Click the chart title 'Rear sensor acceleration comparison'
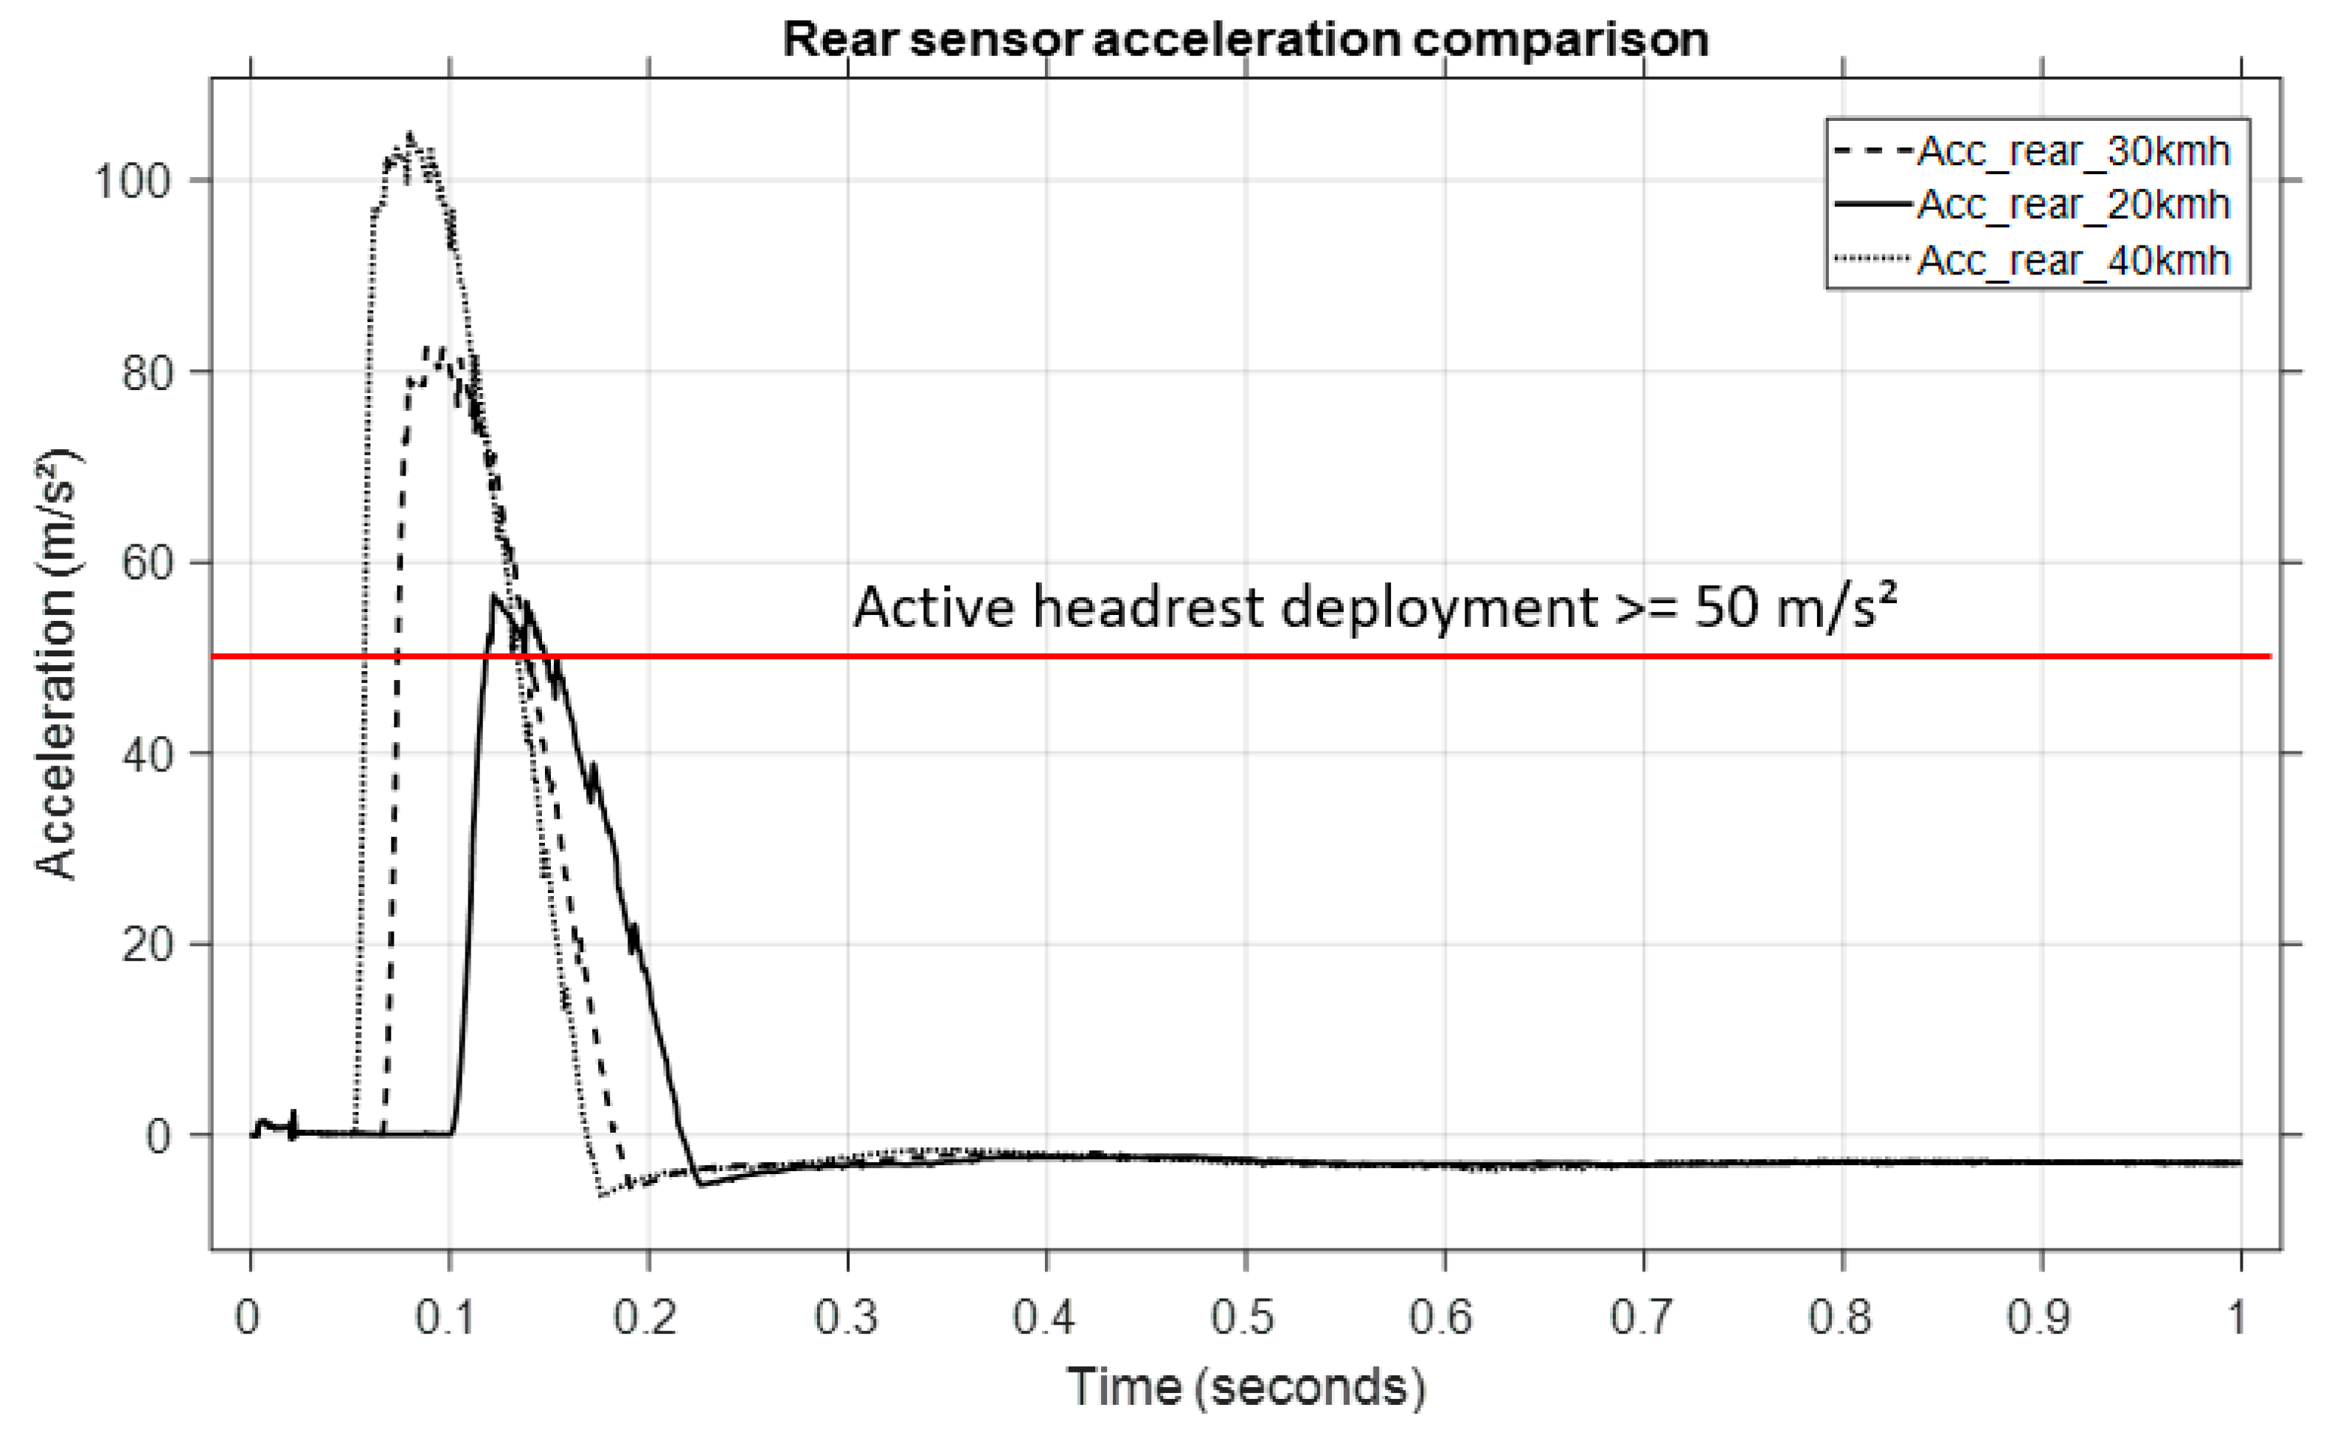point(1244,40)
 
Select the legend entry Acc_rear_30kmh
point(2072,151)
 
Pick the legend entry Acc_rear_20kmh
point(2072,205)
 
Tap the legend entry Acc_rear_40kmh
point(2072,260)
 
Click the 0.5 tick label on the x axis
point(1243,1318)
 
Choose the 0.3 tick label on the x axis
point(846,1318)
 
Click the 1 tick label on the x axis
point(2238,1318)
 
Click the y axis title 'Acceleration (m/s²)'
point(58,664)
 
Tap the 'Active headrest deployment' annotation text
point(1372,607)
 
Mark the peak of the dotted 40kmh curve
point(411,136)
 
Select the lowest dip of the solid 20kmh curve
point(701,1184)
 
